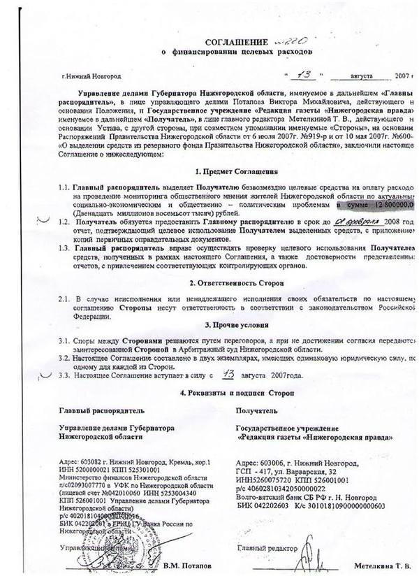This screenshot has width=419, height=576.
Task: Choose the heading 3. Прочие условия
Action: [x=232, y=325]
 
